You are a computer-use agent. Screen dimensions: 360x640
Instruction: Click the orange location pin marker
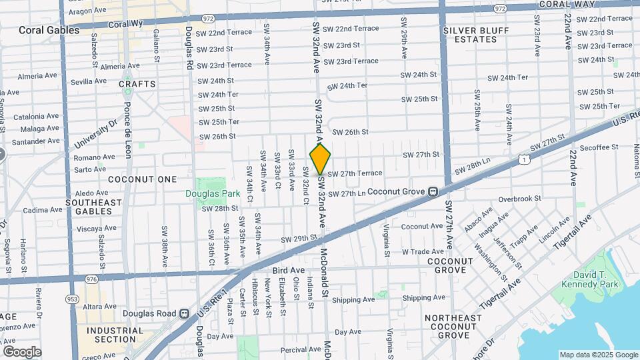pos(320,159)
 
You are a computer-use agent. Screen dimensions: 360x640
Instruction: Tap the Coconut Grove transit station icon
pos(433,191)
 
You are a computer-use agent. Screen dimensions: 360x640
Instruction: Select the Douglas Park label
pos(203,193)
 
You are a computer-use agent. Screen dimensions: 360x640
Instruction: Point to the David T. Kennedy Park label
pos(596,279)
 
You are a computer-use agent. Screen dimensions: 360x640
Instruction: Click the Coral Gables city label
pos(49,30)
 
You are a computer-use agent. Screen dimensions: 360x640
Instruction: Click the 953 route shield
pos(72,299)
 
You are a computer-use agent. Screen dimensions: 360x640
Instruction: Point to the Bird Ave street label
pos(289,270)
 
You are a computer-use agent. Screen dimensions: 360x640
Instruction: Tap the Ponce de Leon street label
pos(127,133)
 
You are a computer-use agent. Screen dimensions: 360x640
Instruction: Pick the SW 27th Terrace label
pos(355,173)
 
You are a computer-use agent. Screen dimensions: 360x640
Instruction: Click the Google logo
pos(22,351)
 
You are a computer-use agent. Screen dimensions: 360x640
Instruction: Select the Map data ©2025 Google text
pos(598,355)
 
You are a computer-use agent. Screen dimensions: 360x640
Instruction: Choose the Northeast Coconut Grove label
pos(453,326)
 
